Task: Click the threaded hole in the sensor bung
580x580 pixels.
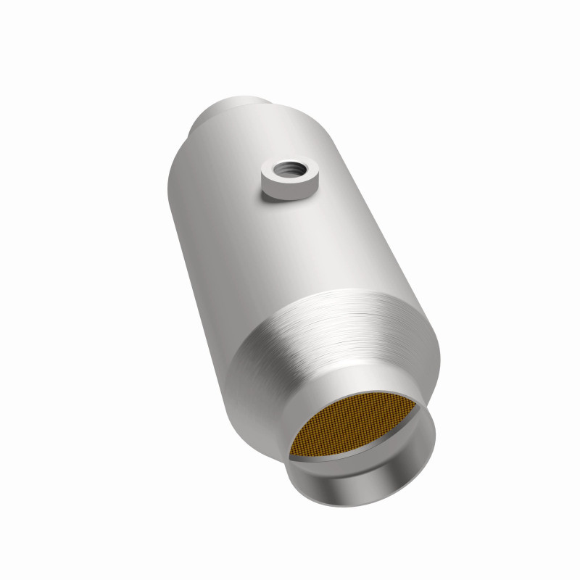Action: pos(289,171)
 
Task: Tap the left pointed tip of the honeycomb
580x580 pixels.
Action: pos(291,455)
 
